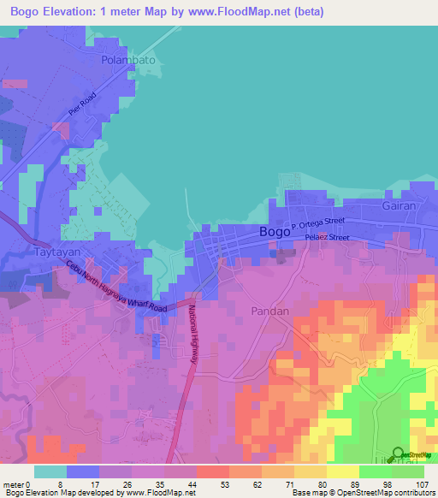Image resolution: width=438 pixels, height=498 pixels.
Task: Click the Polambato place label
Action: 128,61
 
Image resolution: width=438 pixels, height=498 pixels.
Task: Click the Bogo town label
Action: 274,232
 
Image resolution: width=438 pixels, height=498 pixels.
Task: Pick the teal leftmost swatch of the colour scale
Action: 50,471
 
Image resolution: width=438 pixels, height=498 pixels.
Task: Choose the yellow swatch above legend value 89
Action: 342,471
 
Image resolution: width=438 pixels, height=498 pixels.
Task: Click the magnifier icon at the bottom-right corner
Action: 400,454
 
